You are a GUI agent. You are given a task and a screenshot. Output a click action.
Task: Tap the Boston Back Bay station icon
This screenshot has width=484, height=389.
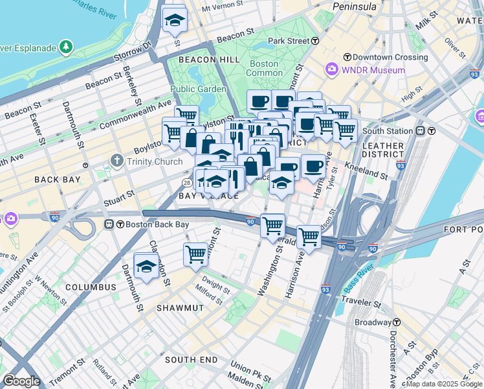(x=110, y=225)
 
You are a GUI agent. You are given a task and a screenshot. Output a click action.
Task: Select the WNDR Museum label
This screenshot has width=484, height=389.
(x=373, y=70)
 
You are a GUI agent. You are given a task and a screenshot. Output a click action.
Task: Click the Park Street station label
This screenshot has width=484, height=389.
(x=289, y=40)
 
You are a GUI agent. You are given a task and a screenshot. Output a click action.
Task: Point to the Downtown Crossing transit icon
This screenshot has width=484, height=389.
(x=347, y=58)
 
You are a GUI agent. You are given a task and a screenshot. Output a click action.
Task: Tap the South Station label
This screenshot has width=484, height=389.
(x=388, y=130)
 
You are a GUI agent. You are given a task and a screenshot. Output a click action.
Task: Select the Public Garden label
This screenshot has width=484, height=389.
(x=198, y=89)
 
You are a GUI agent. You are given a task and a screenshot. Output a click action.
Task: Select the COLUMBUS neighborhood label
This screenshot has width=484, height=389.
(x=91, y=287)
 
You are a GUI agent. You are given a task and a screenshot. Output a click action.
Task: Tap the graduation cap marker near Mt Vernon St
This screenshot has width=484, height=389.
(x=174, y=21)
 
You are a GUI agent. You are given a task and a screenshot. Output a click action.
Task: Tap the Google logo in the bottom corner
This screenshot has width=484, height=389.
(x=21, y=381)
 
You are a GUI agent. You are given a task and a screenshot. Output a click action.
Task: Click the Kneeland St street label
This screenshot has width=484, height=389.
(x=369, y=174)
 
